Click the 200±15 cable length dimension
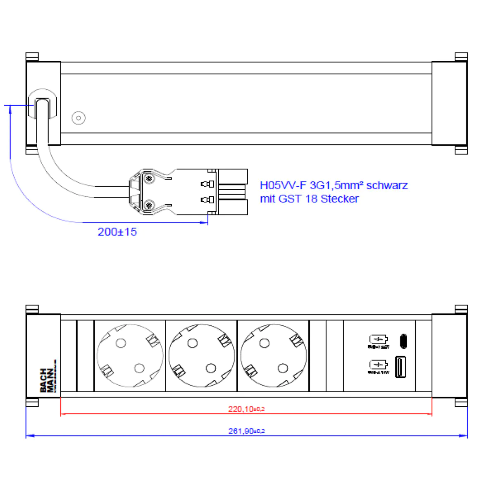117,232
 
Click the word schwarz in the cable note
387,185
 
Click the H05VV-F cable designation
283,185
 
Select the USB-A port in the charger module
400,367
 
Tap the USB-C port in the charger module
403,341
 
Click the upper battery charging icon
378,340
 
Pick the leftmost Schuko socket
130,355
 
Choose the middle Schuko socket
202,355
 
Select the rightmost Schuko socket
273,355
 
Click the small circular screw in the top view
78,118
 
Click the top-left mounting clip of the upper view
32,57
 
